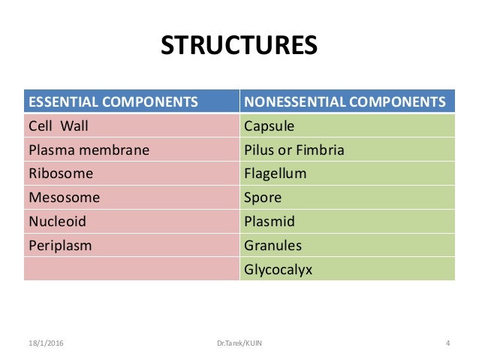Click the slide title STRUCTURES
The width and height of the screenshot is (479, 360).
239,45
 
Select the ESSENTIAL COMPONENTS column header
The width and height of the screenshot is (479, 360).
113,101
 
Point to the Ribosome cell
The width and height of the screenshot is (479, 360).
61,174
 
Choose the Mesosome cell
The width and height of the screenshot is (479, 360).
64,198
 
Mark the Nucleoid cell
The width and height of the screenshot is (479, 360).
57,222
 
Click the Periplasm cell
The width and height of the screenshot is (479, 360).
61,246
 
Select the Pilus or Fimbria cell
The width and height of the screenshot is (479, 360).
294,150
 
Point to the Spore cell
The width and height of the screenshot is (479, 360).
263,198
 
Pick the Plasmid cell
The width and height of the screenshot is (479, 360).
270,222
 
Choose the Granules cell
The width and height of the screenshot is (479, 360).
273,246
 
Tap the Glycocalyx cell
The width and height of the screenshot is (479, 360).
278,269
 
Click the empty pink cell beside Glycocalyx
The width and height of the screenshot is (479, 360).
131,269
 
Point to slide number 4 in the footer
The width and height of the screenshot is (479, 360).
447,344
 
